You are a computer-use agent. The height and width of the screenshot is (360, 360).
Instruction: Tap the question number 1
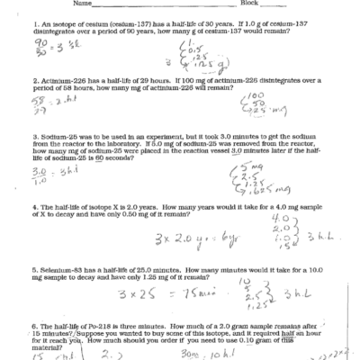coord(31,21)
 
